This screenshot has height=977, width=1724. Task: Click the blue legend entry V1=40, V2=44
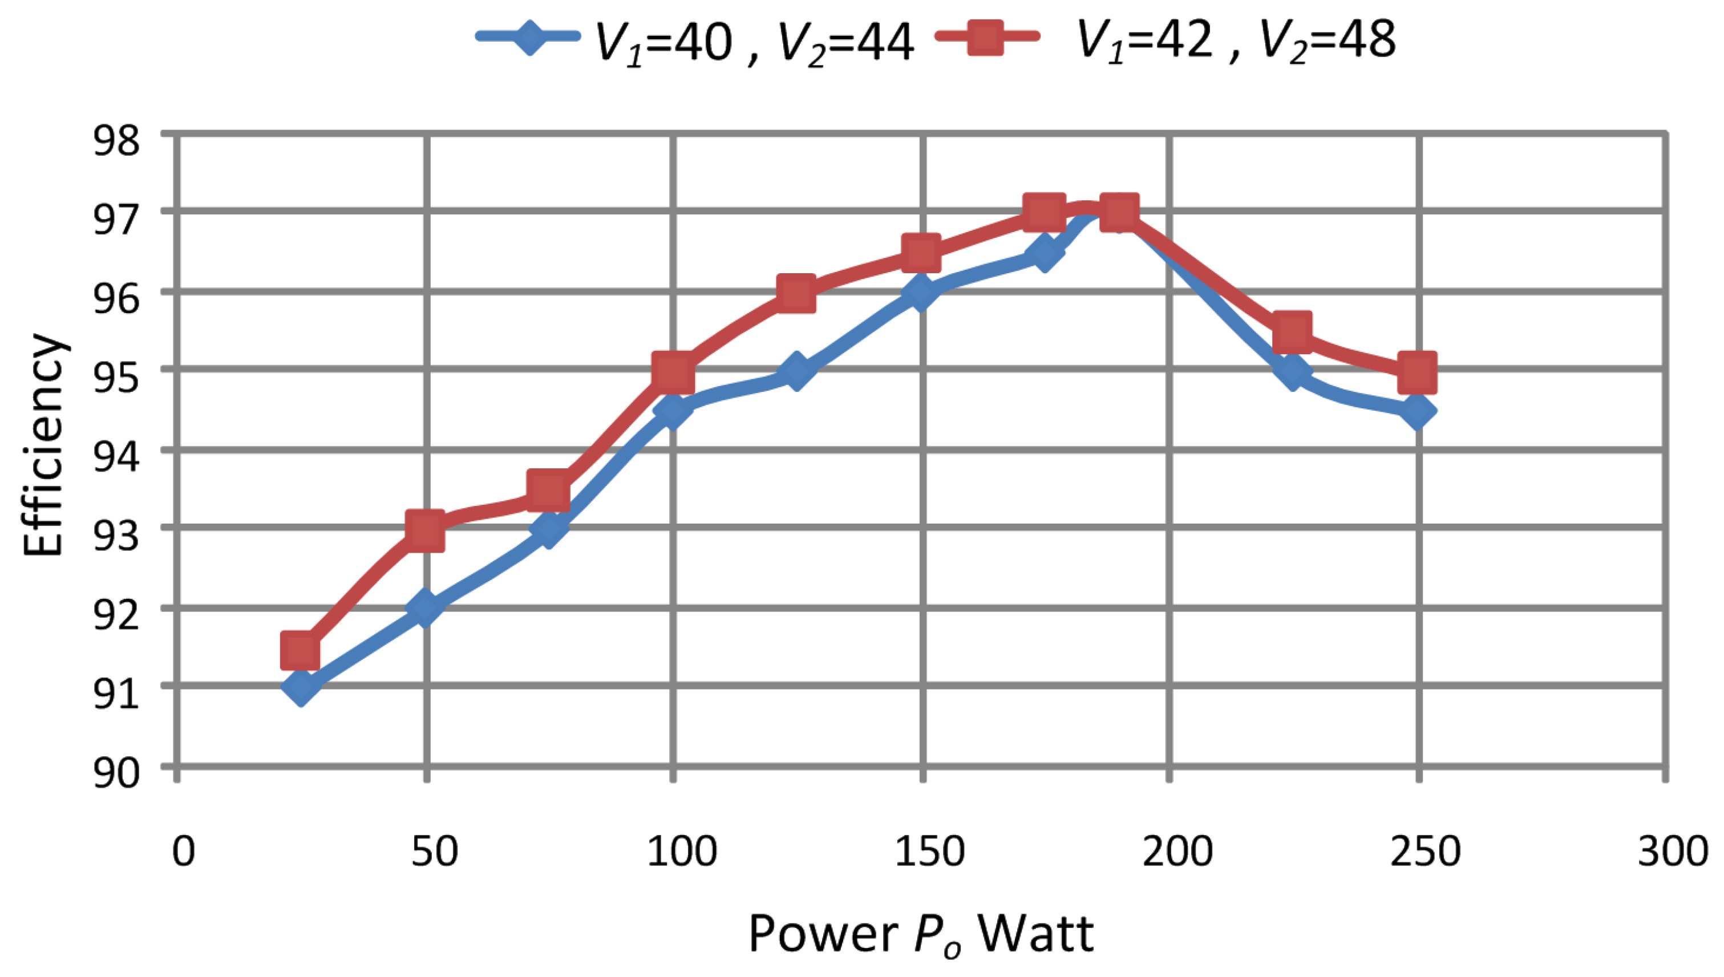pyautogui.click(x=695, y=40)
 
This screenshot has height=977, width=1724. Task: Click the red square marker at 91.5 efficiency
pyautogui.click(x=300, y=650)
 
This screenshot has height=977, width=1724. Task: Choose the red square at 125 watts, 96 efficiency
pyautogui.click(x=796, y=293)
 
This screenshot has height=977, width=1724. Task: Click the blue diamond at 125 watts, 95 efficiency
pyautogui.click(x=796, y=371)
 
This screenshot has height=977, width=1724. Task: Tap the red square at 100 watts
pyautogui.click(x=673, y=371)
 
